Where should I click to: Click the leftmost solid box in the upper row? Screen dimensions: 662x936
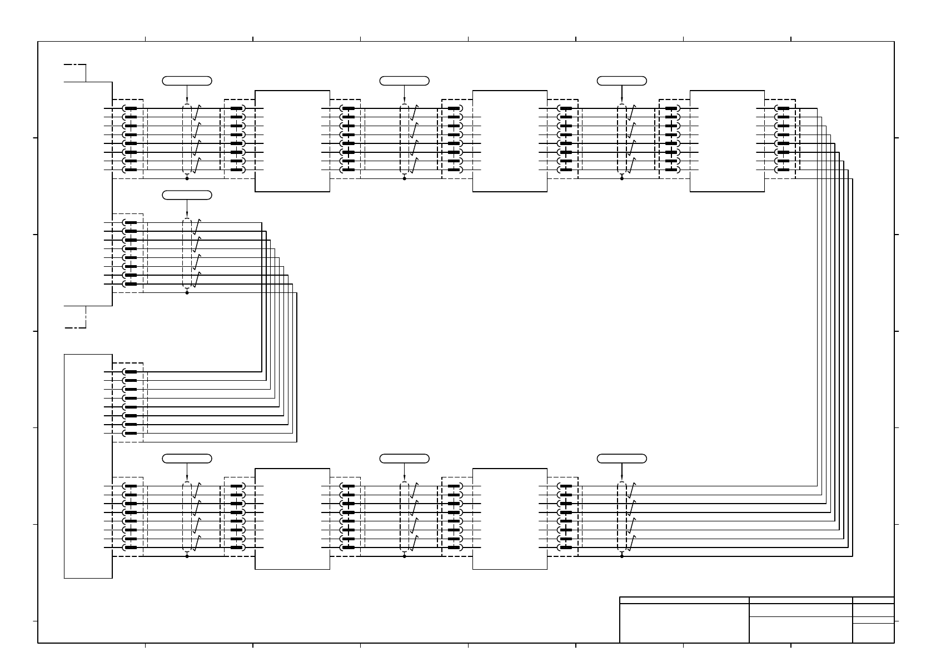pos(292,141)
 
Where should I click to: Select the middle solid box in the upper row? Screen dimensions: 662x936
pos(510,141)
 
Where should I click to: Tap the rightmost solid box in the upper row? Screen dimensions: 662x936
pos(727,141)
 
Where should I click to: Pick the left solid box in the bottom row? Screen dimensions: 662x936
pos(292,519)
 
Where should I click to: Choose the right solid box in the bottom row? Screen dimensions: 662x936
pos(510,519)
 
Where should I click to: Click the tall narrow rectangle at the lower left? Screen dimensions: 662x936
pos(88,466)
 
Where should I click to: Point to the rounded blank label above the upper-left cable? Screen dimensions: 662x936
pos(187,81)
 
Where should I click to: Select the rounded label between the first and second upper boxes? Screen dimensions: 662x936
pos(404,81)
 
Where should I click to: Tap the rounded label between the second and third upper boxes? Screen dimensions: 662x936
pos(621,81)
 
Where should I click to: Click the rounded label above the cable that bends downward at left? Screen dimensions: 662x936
pos(187,195)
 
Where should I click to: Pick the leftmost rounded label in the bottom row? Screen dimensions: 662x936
pos(187,459)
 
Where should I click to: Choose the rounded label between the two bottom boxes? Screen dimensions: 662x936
pos(404,459)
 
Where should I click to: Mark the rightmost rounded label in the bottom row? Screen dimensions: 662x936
pos(621,459)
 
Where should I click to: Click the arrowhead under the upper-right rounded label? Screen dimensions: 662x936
pos(621,102)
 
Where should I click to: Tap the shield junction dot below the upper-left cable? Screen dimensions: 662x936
pos(187,178)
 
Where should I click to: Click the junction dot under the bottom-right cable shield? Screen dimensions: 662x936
pos(621,556)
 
